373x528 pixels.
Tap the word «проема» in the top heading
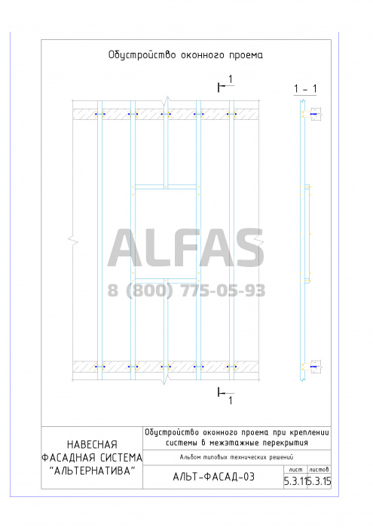[x=246, y=56]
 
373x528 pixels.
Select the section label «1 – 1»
[x=305, y=89]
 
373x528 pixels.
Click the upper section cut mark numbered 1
[x=225, y=84]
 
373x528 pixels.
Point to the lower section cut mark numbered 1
[x=225, y=396]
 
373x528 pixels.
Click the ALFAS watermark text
[x=185, y=248]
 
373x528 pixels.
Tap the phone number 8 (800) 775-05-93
[x=186, y=290]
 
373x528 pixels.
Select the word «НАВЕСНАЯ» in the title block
[x=92, y=444]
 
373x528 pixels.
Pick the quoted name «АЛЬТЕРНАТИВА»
[x=92, y=471]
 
